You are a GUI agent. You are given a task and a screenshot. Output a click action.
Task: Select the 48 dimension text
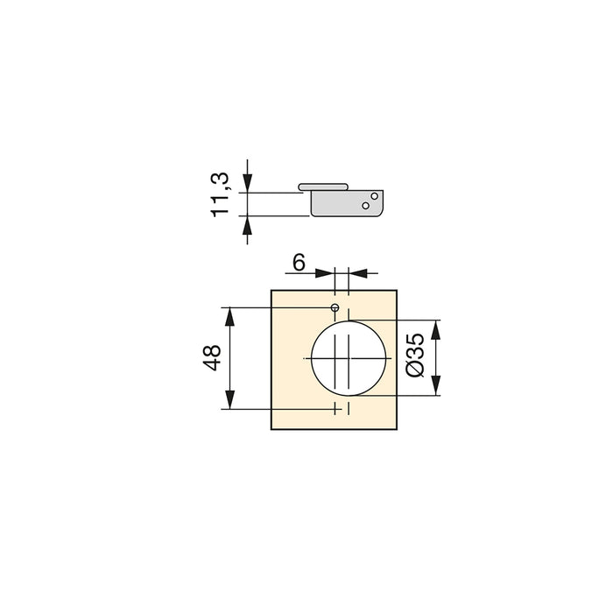coord(211,357)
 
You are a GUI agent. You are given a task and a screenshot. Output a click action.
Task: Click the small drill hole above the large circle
coord(335,308)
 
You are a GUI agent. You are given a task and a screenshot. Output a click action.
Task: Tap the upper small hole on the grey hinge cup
coord(374,196)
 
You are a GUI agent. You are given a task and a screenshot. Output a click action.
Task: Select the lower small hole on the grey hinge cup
coord(365,206)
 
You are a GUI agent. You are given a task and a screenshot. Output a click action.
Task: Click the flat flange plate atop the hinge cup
coord(323,187)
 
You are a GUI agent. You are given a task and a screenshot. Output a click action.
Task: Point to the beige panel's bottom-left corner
coord(272,430)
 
